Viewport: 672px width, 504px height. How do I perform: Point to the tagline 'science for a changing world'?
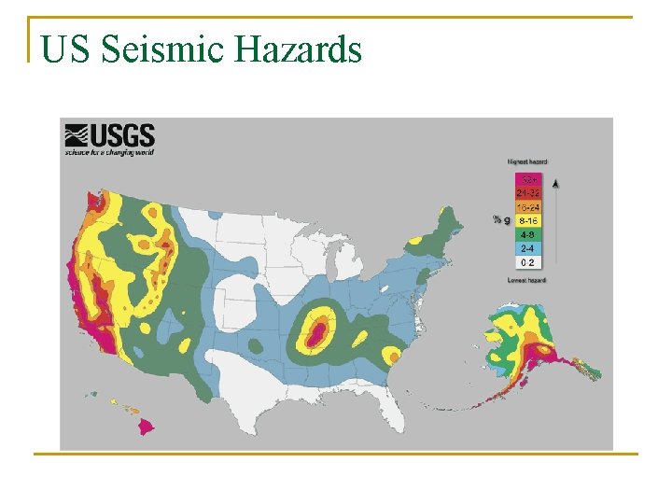(x=109, y=151)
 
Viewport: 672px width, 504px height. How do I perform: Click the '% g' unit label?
(x=500, y=220)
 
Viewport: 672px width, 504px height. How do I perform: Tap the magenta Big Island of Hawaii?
(x=147, y=427)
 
